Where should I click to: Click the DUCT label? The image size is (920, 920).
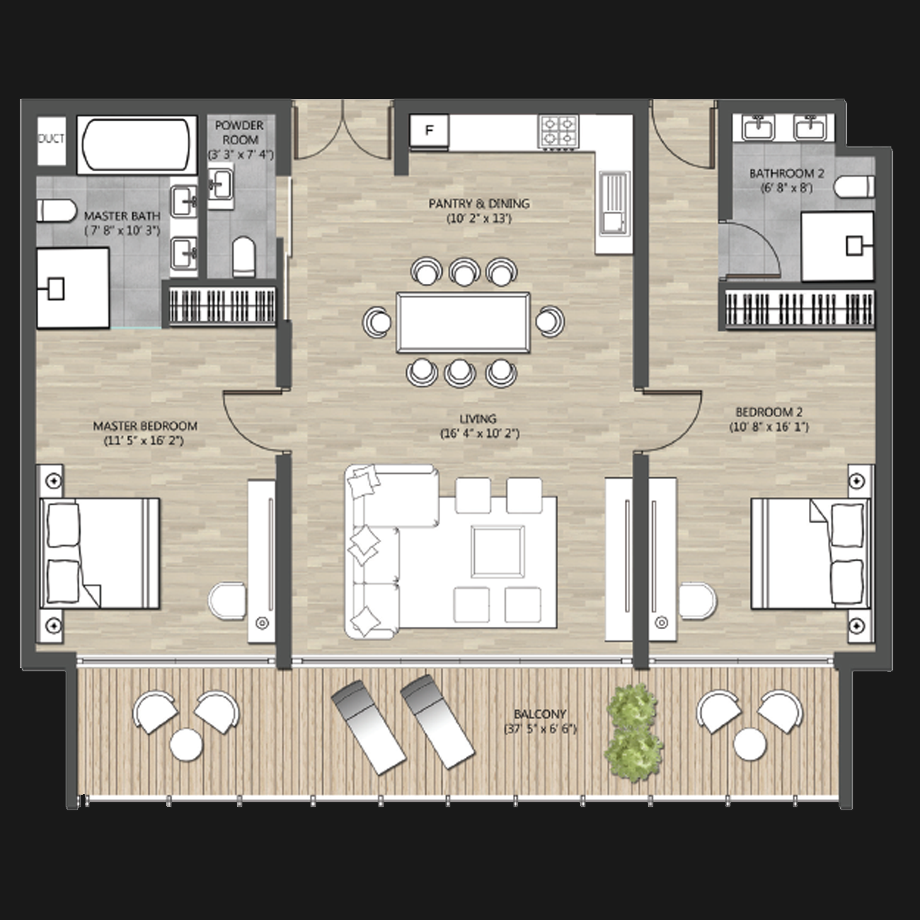pyautogui.click(x=51, y=139)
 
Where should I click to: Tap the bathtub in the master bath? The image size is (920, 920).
pyautogui.click(x=137, y=144)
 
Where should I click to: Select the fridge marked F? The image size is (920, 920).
pyautogui.click(x=429, y=130)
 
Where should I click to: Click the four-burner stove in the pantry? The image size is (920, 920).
pyautogui.click(x=558, y=131)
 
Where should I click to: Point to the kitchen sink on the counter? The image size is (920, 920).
pyautogui.click(x=615, y=204)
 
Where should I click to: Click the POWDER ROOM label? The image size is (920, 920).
pyautogui.click(x=240, y=133)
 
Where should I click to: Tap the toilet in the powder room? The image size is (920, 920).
pyautogui.click(x=243, y=257)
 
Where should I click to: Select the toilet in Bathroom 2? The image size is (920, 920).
pyautogui.click(x=854, y=186)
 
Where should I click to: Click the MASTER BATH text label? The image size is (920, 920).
pyautogui.click(x=122, y=216)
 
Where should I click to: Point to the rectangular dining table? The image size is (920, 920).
pyautogui.click(x=463, y=322)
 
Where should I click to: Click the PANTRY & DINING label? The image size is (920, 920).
pyautogui.click(x=479, y=203)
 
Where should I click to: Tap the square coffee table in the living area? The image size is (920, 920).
pyautogui.click(x=498, y=551)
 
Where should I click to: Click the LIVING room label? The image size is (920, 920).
pyautogui.click(x=478, y=419)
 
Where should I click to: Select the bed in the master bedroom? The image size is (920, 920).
pyautogui.click(x=100, y=553)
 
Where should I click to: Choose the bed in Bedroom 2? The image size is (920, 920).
pyautogui.click(x=811, y=554)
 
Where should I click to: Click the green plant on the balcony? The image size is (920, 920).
pyautogui.click(x=633, y=733)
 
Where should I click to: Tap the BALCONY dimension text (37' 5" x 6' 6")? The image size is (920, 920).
pyautogui.click(x=540, y=730)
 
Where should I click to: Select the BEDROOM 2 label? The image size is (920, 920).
pyautogui.click(x=769, y=412)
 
